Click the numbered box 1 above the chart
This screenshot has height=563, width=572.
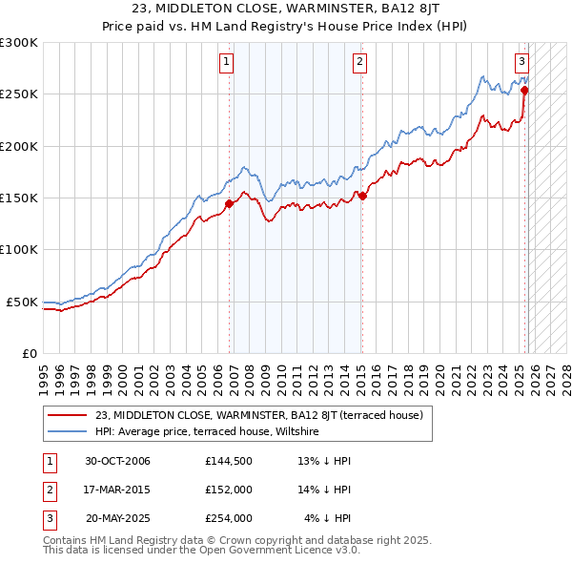(227, 63)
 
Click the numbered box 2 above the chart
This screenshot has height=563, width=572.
(360, 63)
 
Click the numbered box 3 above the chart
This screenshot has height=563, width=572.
(522, 63)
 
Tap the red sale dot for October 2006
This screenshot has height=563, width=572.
(230, 203)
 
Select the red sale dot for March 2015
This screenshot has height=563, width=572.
(362, 196)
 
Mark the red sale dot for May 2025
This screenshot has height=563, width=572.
(524, 91)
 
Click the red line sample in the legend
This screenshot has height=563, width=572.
(68, 415)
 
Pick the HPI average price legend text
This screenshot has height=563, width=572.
(206, 431)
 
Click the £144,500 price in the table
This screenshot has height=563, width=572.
(228, 461)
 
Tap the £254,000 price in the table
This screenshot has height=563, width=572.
(228, 518)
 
